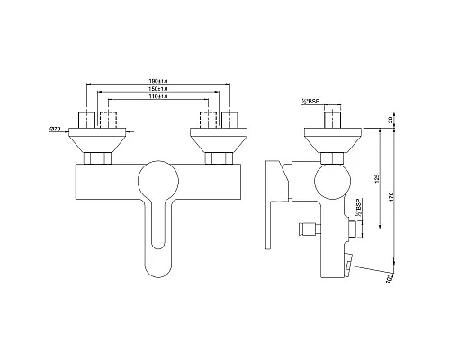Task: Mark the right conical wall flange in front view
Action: point(217,139)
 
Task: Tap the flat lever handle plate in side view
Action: point(274,205)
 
